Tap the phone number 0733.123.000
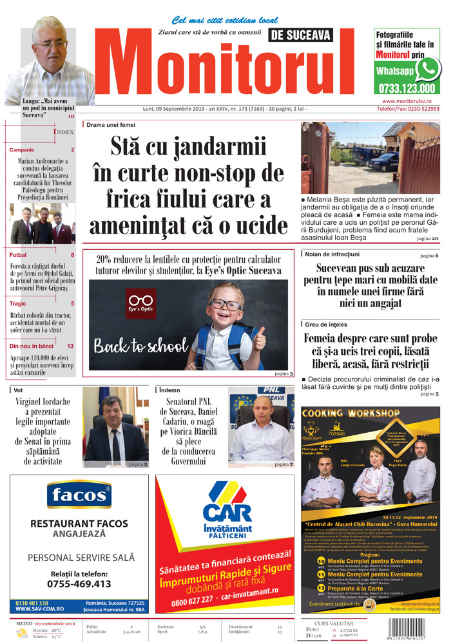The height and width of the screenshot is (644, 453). point(407,89)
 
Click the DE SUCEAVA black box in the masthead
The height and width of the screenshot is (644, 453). point(301,35)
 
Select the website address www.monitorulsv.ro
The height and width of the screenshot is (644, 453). point(410,101)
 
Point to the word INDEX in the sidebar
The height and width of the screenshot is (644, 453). point(64,131)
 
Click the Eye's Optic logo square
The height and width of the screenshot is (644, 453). point(140,303)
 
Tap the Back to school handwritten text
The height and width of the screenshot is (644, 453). point(140,346)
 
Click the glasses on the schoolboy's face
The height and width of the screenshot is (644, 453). point(226,304)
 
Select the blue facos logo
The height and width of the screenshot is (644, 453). point(79,496)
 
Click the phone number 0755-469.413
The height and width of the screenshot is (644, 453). point(79,583)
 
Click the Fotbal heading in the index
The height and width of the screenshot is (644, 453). point(18,255)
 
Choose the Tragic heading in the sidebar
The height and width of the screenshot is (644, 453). point(18,303)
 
